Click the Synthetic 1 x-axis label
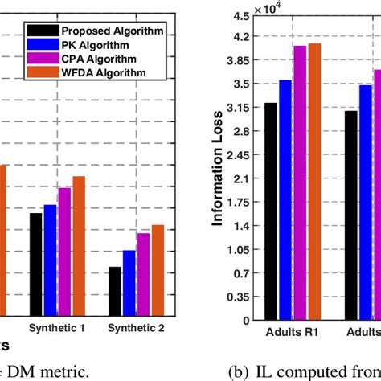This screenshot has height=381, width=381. click(57, 329)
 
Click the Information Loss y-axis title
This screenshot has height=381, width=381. click(218, 170)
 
